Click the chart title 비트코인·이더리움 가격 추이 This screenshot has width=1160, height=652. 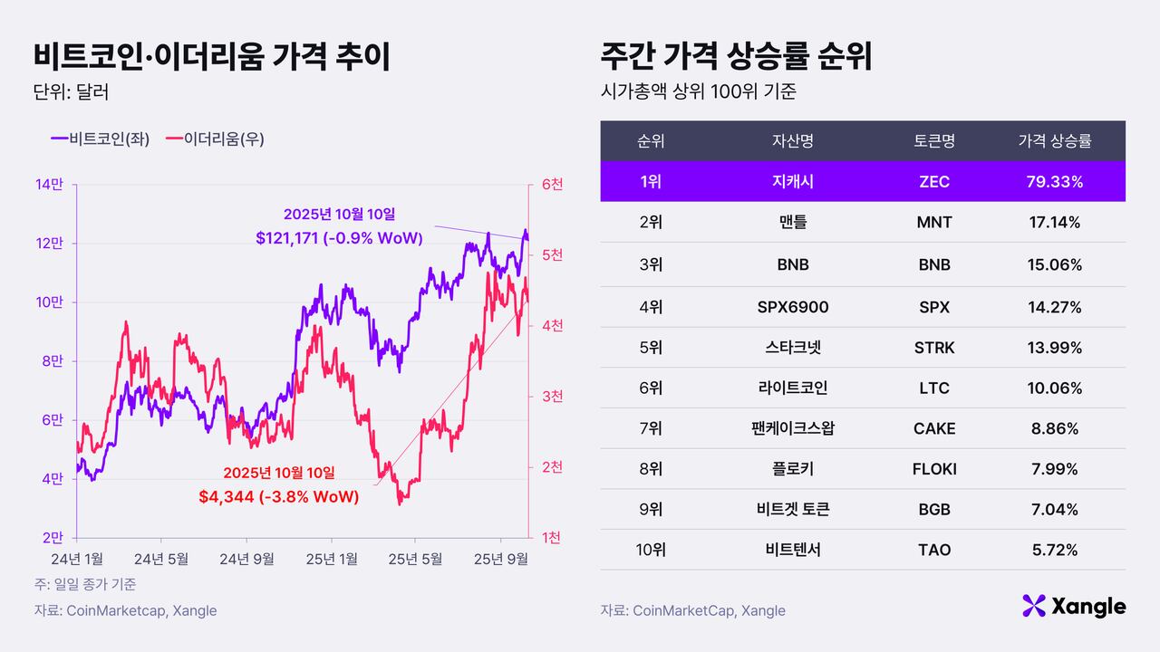(x=212, y=56)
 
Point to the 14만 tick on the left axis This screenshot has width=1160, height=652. (x=49, y=185)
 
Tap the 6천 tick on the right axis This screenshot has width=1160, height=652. (x=552, y=185)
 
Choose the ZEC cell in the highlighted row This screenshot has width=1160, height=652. (x=933, y=182)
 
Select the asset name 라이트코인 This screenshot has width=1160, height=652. (x=792, y=388)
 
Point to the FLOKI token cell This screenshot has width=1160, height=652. (x=933, y=469)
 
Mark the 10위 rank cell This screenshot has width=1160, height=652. (x=650, y=550)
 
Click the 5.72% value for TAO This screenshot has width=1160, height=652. (x=1054, y=550)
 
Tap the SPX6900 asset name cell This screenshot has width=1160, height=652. (x=792, y=307)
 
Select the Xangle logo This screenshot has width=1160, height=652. (x=1074, y=606)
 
